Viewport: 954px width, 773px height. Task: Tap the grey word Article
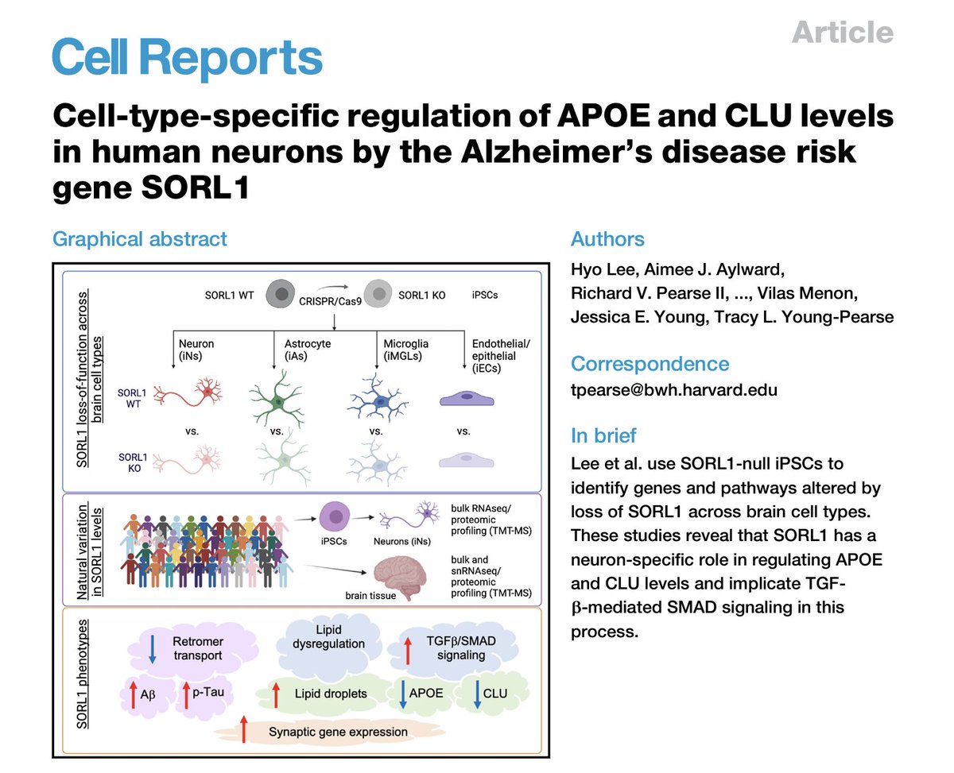pos(843,32)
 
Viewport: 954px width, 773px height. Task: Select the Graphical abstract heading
pos(139,238)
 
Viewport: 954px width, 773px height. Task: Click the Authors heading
pos(607,238)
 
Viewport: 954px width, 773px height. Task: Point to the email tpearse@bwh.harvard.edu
pos(674,390)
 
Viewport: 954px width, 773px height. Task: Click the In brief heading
pos(603,435)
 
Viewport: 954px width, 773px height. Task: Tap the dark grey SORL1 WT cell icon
pos(281,294)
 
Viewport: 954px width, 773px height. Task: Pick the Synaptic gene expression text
pos(338,731)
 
